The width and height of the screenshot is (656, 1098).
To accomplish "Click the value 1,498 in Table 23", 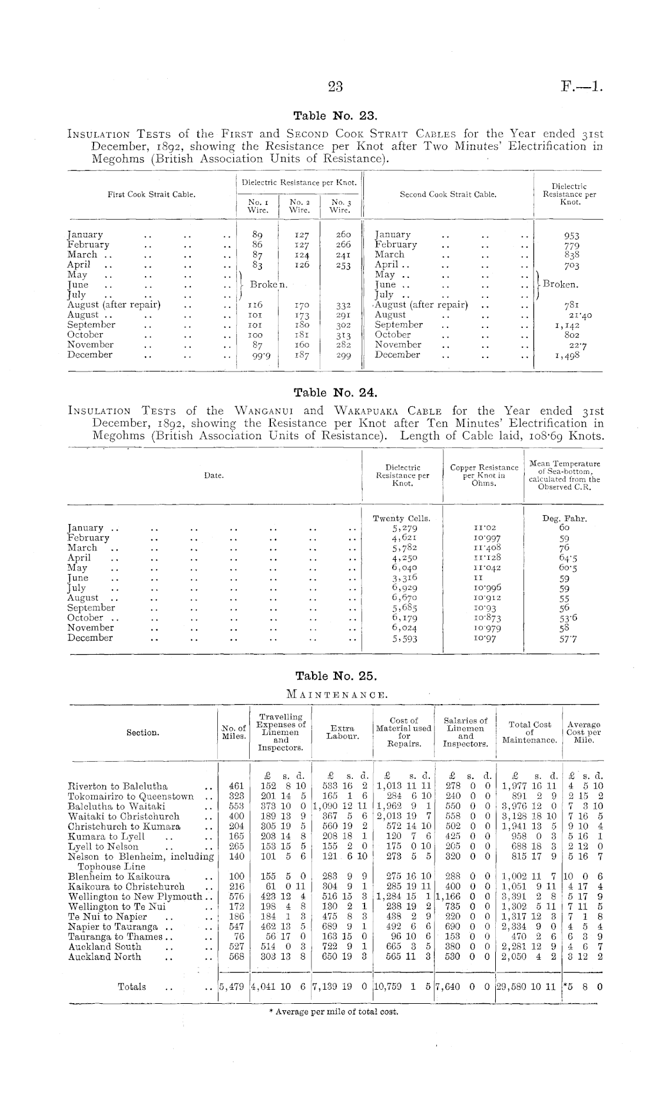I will click(x=568, y=355).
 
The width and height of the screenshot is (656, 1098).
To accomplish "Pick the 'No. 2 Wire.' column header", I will click(x=300, y=205).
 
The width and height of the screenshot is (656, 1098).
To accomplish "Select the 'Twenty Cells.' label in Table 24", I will click(x=402, y=518).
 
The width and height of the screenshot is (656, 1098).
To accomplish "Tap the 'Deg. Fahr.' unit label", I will click(x=564, y=518).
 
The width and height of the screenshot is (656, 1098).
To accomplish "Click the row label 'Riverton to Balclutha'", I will click(x=118, y=786).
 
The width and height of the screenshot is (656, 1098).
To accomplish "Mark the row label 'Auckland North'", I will click(x=104, y=957).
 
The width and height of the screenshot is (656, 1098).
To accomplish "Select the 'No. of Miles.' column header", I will click(x=234, y=732).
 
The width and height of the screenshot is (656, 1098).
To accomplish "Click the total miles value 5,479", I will click(x=231, y=987).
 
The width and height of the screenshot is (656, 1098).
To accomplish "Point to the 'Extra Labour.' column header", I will click(x=343, y=732).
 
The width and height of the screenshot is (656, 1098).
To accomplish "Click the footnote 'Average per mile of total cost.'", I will click(x=333, y=1012).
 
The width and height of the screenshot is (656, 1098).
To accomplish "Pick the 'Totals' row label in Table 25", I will click(x=132, y=987).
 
